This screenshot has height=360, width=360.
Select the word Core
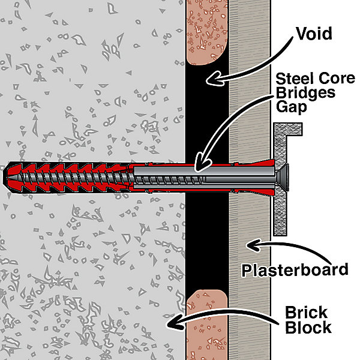[x=331, y=79]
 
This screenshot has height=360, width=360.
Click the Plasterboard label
[x=295, y=269]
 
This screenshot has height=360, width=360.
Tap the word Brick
[x=306, y=313]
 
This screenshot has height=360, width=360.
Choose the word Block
[x=308, y=328]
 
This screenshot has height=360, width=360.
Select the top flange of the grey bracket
[x=289, y=129]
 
